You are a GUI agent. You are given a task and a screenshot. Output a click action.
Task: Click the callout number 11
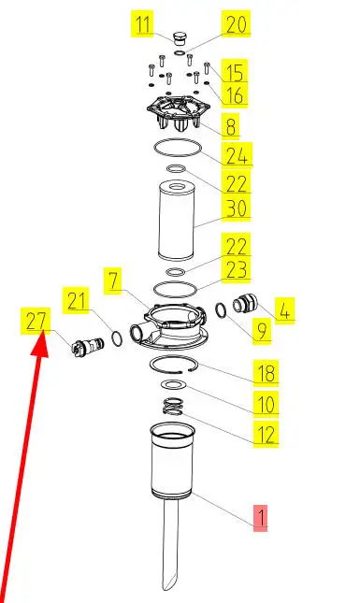click(142, 23)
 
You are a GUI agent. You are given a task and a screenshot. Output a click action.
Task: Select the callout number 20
click(236, 23)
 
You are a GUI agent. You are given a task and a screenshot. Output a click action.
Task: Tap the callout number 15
click(234, 71)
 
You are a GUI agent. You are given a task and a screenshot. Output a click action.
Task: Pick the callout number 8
click(230, 126)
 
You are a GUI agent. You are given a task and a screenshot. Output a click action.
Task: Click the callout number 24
click(237, 154)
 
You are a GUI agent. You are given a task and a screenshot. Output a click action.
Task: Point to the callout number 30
click(236, 208)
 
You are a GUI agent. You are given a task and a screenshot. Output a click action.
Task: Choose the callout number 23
click(236, 269)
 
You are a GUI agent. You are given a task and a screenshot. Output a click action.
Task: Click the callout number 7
click(113, 280)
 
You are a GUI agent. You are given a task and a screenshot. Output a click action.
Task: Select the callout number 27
click(36, 320)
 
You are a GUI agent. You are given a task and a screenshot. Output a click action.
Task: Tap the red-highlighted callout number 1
click(260, 518)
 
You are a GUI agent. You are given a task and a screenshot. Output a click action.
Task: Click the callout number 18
click(266, 373)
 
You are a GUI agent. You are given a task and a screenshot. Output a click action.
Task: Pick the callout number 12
click(266, 435)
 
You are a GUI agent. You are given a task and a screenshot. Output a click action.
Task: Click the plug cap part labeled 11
click(180, 39)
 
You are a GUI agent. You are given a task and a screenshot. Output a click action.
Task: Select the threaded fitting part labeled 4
click(244, 304)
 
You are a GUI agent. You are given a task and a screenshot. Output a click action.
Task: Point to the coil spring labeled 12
click(172, 407)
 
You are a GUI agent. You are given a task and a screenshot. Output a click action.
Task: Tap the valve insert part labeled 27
click(87, 347)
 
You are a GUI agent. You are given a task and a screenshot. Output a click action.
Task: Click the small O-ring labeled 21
click(117, 338)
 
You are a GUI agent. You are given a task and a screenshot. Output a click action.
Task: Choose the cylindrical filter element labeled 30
click(177, 221)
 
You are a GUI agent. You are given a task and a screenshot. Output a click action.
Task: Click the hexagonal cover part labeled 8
click(178, 111)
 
